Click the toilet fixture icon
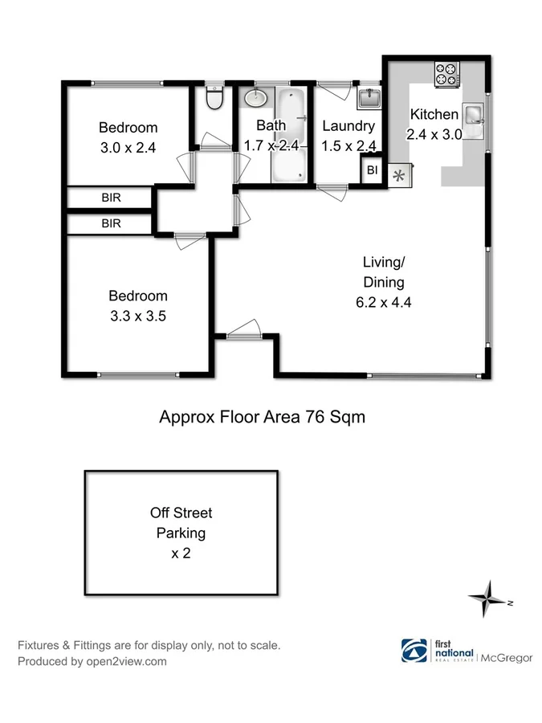214,98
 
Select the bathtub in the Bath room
289,135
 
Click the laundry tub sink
369,98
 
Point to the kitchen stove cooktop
446,75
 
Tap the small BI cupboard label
372,170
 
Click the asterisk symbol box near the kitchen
399,175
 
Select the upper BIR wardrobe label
111,198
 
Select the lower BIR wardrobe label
111,224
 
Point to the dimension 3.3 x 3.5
138,316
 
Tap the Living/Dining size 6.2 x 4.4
383,303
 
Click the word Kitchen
434,115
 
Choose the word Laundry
348,126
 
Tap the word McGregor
507,658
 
